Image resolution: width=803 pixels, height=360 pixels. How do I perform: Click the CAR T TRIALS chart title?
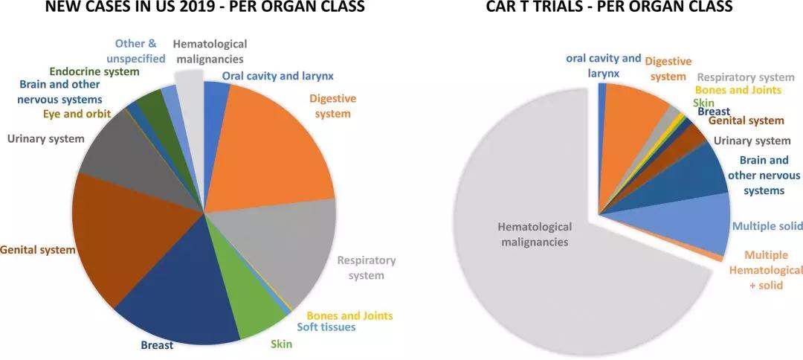(609, 8)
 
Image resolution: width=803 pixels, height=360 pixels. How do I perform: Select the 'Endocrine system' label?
(94, 71)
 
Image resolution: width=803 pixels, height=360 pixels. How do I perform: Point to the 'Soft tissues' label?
(326, 327)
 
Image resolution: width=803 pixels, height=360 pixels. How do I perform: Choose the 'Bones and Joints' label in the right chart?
(739, 90)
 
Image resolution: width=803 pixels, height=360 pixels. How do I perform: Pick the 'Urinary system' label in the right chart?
(752, 141)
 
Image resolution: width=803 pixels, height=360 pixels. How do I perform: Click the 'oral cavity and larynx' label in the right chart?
(603, 65)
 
